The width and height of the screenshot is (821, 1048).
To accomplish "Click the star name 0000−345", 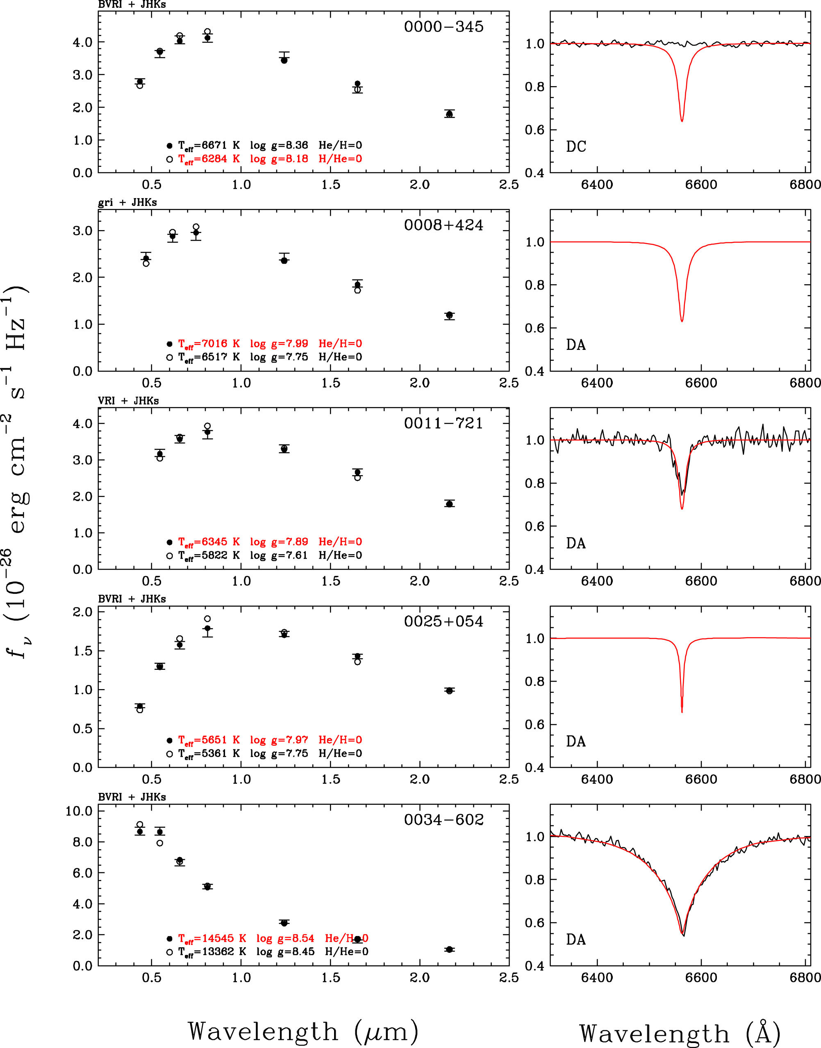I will [443, 26].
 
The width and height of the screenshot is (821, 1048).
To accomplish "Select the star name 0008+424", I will [443, 225].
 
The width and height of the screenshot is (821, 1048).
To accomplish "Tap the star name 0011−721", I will [443, 423].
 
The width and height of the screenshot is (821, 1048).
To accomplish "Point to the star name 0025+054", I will [443, 621].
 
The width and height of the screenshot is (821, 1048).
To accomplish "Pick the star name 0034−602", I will [443, 819].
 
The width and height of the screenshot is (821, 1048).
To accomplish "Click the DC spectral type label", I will [576, 146].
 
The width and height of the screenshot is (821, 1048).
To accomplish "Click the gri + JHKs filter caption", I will [127, 203].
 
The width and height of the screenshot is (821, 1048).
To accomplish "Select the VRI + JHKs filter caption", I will [128, 401].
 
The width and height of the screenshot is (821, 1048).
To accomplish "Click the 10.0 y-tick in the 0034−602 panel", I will [79, 811].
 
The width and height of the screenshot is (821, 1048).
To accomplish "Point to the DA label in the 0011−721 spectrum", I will [576, 543].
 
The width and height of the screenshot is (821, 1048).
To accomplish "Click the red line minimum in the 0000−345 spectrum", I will [682, 121].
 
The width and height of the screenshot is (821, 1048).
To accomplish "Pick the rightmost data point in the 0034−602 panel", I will [449, 950].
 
